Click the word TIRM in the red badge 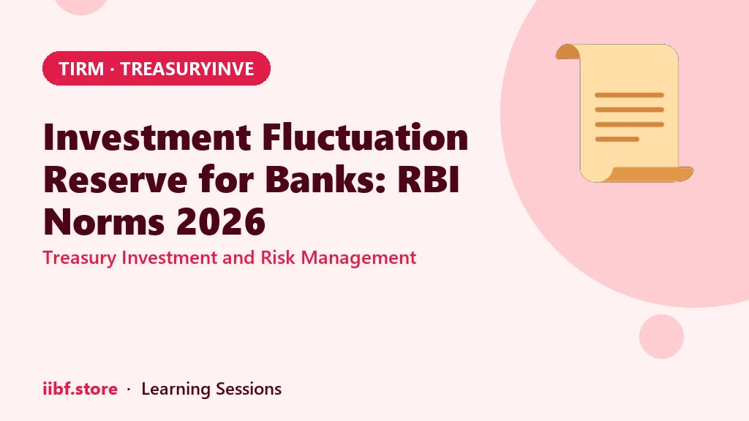point(81,69)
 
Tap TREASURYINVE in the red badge point(187,69)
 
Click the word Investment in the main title point(147,137)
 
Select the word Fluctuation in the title point(365,137)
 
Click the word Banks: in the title point(325,180)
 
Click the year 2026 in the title point(221,222)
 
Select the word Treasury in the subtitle point(80,258)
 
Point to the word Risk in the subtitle point(278,258)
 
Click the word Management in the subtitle point(358,258)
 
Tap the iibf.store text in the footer point(80,389)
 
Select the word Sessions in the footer point(249,389)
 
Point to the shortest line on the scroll point(617,140)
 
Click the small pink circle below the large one point(661,336)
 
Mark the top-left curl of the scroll point(568,52)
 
